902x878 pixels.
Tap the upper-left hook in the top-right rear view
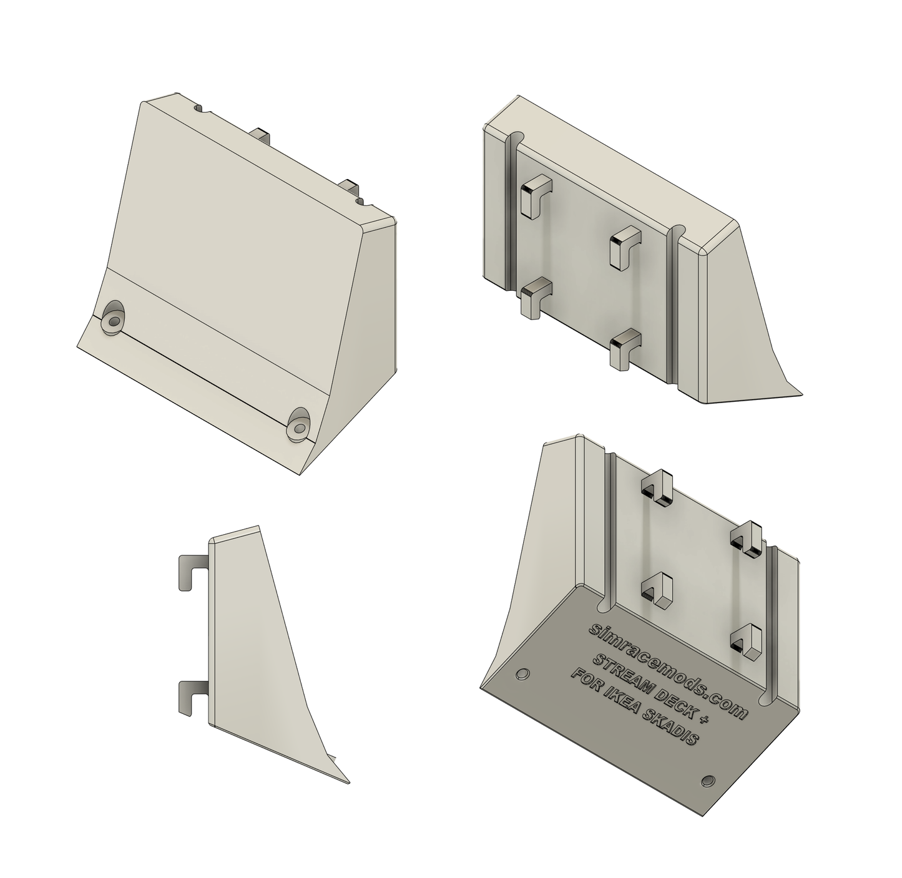(x=535, y=195)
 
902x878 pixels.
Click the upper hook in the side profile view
(x=192, y=572)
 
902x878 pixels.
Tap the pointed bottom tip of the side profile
(x=347, y=781)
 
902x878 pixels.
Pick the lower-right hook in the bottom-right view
(x=747, y=640)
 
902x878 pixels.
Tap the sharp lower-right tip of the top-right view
(x=800, y=393)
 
